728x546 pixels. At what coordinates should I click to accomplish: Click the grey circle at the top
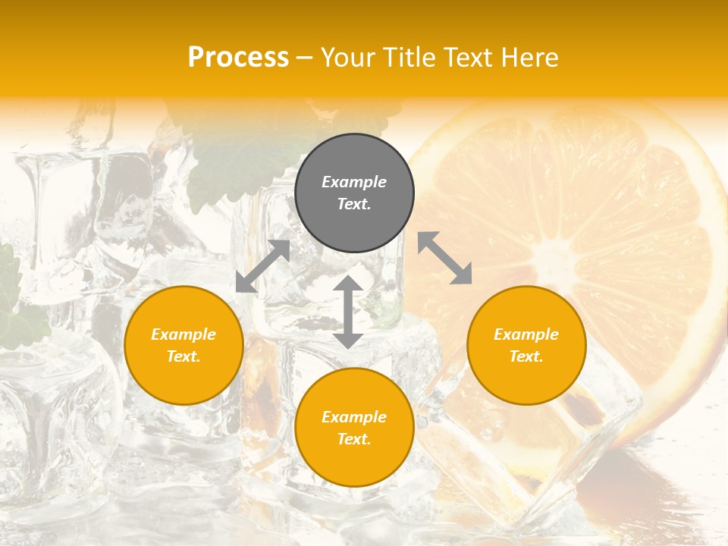pyautogui.click(x=354, y=193)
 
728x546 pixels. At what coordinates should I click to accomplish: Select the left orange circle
pyautogui.click(x=184, y=345)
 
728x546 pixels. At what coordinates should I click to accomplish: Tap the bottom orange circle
pyautogui.click(x=354, y=428)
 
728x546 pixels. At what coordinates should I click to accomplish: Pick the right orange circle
pyautogui.click(x=526, y=345)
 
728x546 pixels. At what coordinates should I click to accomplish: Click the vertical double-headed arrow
pyautogui.click(x=348, y=312)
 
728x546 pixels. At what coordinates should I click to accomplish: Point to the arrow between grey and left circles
pyautogui.click(x=263, y=266)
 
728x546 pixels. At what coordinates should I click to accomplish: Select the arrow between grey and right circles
pyautogui.click(x=445, y=258)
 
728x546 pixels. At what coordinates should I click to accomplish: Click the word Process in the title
pyautogui.click(x=238, y=57)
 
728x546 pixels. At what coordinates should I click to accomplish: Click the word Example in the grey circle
pyautogui.click(x=354, y=182)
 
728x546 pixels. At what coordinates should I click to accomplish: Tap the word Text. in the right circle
pyautogui.click(x=526, y=356)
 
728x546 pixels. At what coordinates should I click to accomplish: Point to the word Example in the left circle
pyautogui.click(x=184, y=334)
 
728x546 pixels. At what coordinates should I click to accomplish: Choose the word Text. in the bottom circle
pyautogui.click(x=354, y=439)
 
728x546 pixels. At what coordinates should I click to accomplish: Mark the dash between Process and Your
pyautogui.click(x=305, y=58)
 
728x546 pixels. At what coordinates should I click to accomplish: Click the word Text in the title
pyautogui.click(x=470, y=57)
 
